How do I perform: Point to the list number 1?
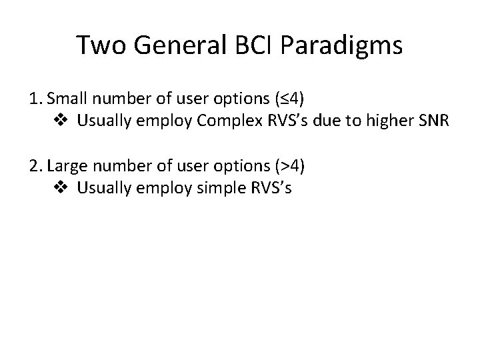tap(35, 101)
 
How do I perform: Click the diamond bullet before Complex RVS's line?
tap(59, 122)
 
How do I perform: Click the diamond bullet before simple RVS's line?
tap(59, 187)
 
